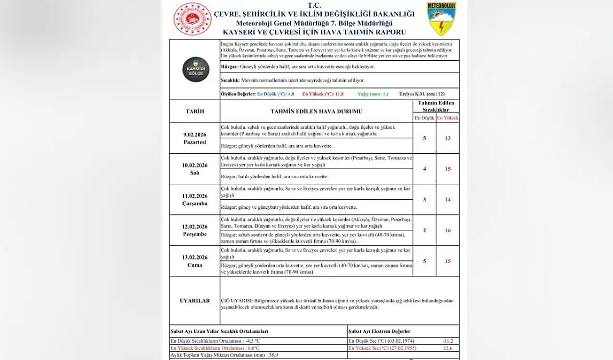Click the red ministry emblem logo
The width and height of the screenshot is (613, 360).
pyautogui.click(x=192, y=19)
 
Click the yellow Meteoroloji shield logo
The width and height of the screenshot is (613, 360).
pyautogui.click(x=441, y=19)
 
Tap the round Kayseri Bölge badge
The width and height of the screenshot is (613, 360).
pyautogui.click(x=195, y=69)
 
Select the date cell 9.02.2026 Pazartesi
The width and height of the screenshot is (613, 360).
pyautogui.click(x=194, y=138)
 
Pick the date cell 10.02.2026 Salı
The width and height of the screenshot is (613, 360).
pyautogui.click(x=194, y=169)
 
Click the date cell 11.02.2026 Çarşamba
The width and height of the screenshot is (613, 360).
pyautogui.click(x=194, y=200)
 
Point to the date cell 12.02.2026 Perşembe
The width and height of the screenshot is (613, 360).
pyautogui.click(x=194, y=230)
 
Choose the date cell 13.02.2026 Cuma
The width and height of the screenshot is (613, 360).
pyautogui.click(x=194, y=261)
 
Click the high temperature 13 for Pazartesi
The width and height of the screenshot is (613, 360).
pyautogui.click(x=448, y=138)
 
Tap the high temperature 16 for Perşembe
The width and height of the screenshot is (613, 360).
pyautogui.click(x=448, y=230)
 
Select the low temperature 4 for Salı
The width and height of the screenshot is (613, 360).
pyautogui.click(x=424, y=169)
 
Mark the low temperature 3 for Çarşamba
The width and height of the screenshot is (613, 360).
pyautogui.click(x=424, y=200)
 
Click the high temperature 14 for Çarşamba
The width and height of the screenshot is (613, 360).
pyautogui.click(x=448, y=200)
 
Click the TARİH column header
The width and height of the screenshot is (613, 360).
pyautogui.click(x=194, y=112)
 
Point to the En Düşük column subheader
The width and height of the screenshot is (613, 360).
pyautogui.click(x=424, y=118)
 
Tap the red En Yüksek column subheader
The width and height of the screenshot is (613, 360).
pyautogui.click(x=448, y=118)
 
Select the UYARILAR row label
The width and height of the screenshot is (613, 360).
pyautogui.click(x=194, y=301)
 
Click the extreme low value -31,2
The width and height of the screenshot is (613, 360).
pyautogui.click(x=448, y=341)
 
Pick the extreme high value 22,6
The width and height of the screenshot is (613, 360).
pyautogui.click(x=448, y=348)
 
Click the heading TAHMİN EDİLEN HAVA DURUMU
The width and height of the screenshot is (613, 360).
pyautogui.click(x=316, y=112)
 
